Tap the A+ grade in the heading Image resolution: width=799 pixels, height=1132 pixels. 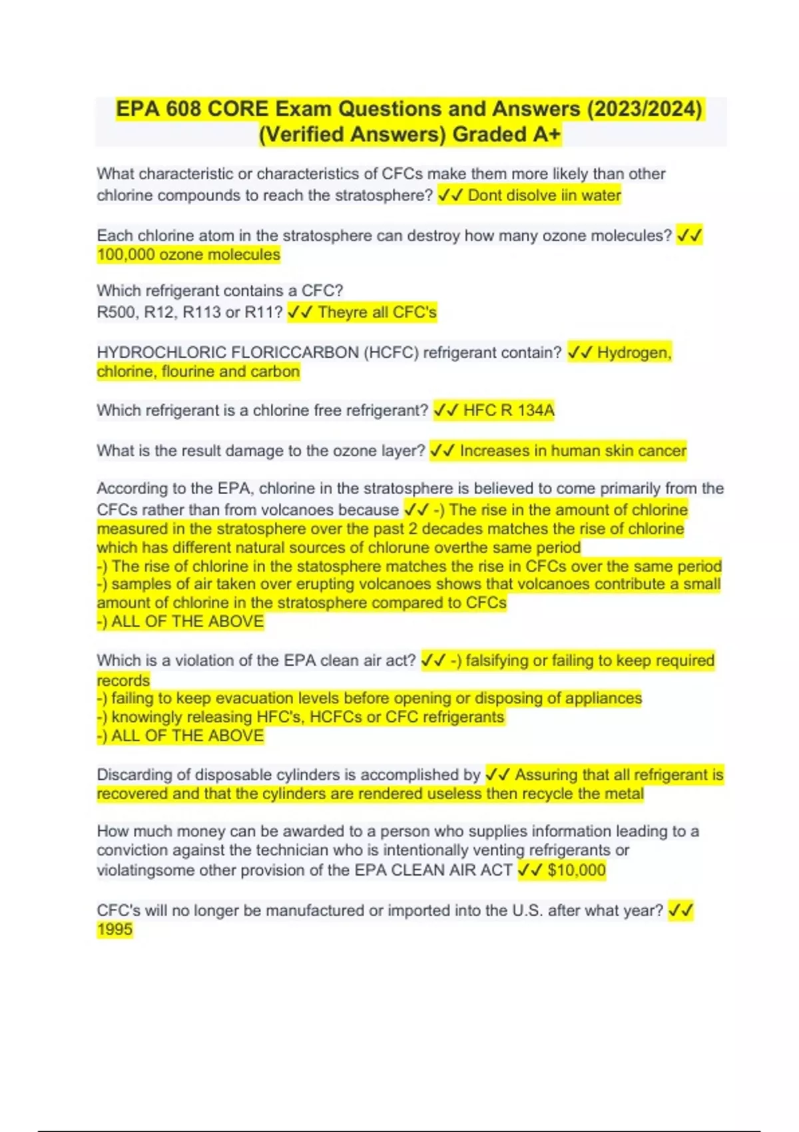pyautogui.click(x=547, y=135)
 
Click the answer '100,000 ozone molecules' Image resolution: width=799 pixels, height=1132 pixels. pyautogui.click(x=188, y=255)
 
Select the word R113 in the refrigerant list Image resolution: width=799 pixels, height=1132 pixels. pyautogui.click(x=202, y=312)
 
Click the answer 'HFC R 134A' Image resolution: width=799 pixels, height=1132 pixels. pyautogui.click(x=509, y=410)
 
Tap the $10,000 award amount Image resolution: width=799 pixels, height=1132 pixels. pyautogui.click(x=577, y=870)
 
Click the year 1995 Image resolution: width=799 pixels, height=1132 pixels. pyautogui.click(x=115, y=930)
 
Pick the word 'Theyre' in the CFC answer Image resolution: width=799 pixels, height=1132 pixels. pyautogui.click(x=342, y=312)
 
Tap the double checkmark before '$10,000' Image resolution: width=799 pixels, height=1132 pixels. pyautogui.click(x=530, y=870)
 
